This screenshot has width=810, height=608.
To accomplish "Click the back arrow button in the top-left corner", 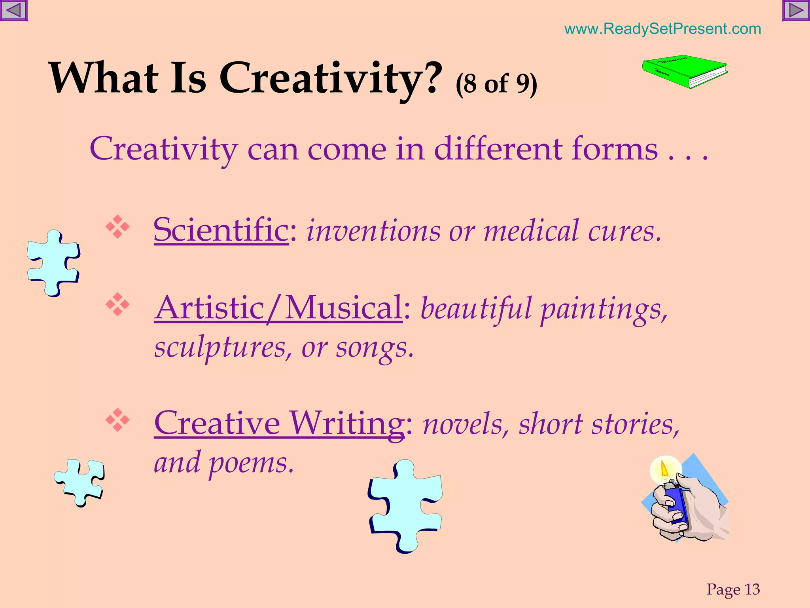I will point(13,10).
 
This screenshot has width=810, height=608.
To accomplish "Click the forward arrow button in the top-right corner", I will point(796,10).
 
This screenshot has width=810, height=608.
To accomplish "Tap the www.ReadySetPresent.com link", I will point(662,29).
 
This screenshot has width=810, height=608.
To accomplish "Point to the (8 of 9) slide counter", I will point(496,84).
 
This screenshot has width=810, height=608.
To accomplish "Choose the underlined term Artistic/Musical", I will point(278,308).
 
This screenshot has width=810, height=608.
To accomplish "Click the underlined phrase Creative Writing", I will point(279,423).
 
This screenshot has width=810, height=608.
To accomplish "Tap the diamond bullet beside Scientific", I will point(117,227).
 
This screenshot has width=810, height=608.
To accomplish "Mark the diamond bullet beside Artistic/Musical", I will point(117,304).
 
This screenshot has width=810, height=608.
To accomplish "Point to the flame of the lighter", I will point(664,469).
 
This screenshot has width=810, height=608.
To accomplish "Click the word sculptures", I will point(220,348).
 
